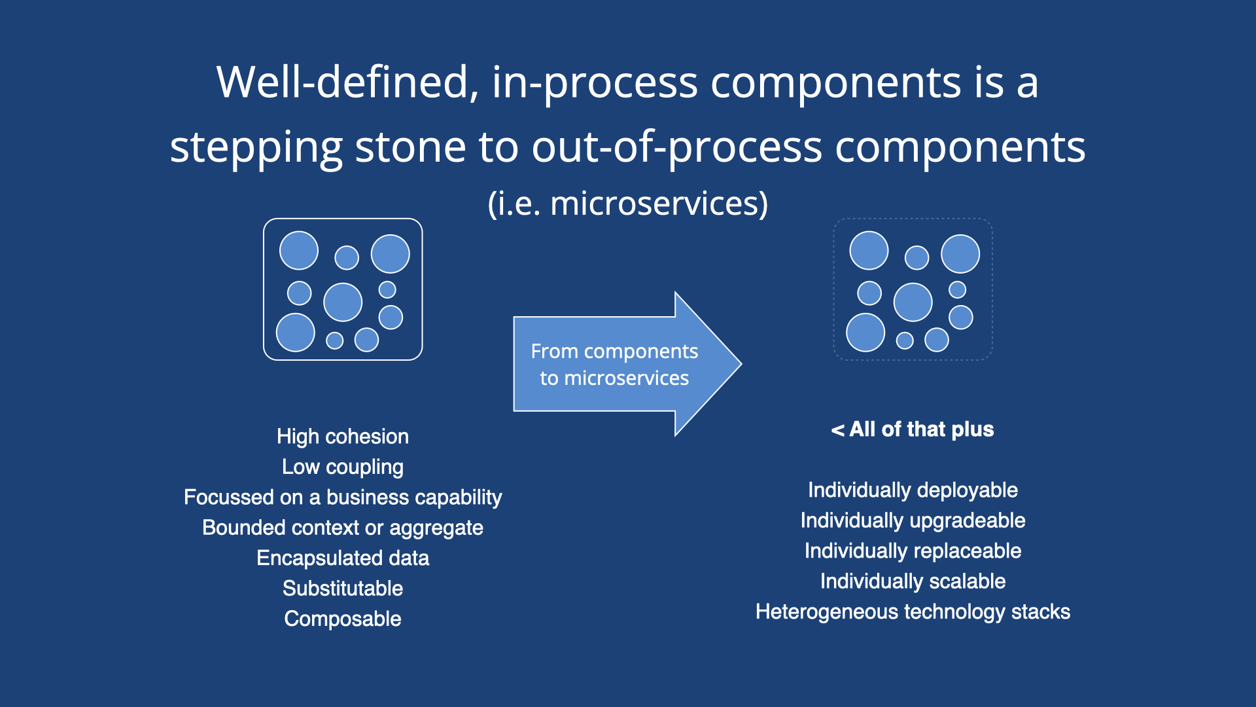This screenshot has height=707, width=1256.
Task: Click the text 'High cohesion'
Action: [x=342, y=437]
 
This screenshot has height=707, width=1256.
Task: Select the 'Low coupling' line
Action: [x=342, y=467]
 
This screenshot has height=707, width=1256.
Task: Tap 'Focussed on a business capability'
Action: [x=342, y=498]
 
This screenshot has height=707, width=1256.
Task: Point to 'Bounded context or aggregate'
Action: [x=342, y=528]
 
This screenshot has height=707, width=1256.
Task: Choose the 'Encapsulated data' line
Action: [x=342, y=558]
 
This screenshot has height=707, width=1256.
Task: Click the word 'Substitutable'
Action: [x=342, y=589]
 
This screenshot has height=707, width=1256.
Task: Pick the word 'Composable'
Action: [x=342, y=619]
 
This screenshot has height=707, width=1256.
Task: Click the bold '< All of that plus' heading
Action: [x=913, y=429]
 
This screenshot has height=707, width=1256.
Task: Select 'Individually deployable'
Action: [x=913, y=490]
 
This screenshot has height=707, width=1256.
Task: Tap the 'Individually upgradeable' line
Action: [x=913, y=520]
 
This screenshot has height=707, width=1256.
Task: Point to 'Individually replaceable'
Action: [x=913, y=551]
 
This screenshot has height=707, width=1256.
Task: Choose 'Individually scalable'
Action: [x=913, y=581]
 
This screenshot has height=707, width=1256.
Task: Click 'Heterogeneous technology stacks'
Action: [x=913, y=611]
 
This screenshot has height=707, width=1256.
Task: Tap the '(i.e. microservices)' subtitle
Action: [x=628, y=203]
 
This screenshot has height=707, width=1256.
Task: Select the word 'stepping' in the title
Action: [x=256, y=148]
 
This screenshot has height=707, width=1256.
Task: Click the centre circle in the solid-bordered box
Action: [x=343, y=302]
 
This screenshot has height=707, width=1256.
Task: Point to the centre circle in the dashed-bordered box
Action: [x=913, y=302]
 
